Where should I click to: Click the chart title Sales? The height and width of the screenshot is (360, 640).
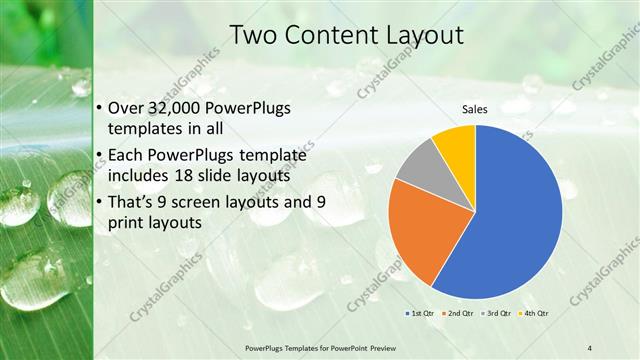[x=474, y=109]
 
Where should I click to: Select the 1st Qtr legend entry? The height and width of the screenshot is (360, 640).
[x=420, y=313]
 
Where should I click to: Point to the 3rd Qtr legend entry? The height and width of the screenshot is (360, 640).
[x=497, y=313]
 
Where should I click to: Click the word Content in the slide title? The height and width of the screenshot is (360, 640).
[x=327, y=34]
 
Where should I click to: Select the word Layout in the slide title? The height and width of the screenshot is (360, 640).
[x=419, y=34]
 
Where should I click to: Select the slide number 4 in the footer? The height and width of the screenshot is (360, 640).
[x=590, y=347]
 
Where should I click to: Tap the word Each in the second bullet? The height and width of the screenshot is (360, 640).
[x=124, y=156]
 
